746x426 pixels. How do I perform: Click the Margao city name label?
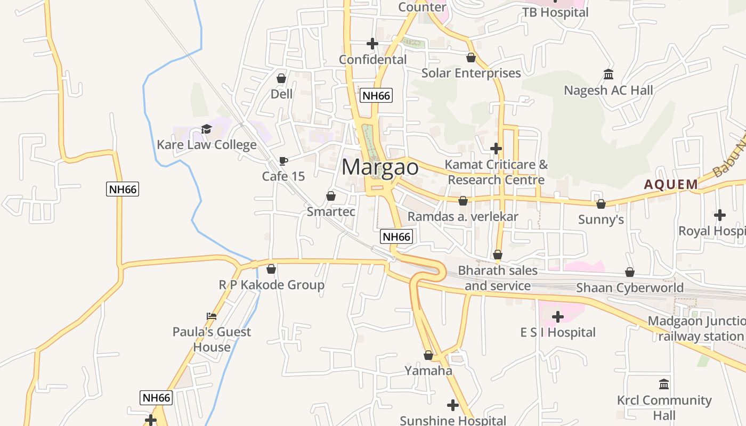point(380,167)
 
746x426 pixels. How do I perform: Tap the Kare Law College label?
point(207,145)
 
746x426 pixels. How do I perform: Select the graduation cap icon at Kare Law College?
point(206,129)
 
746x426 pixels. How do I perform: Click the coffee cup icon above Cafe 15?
point(283,161)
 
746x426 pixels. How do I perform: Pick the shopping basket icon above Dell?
point(281,78)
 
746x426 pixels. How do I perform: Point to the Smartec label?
point(331,211)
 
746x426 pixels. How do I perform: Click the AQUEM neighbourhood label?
point(671,185)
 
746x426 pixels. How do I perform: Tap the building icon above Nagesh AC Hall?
point(609,74)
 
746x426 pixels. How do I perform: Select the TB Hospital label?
point(555,12)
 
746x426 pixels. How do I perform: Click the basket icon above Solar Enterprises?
point(471,57)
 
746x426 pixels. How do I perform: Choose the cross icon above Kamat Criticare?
point(496,148)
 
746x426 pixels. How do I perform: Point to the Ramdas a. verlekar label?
point(463,217)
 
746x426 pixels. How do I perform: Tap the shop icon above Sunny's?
point(601,203)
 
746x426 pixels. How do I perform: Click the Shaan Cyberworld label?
point(630,288)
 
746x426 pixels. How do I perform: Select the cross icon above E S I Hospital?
point(558,317)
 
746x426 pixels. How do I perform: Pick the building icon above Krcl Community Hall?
point(664,384)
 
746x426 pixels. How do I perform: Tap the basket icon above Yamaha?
point(428,355)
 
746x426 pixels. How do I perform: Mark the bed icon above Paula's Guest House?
point(212,316)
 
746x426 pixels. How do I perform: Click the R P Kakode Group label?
point(272,285)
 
